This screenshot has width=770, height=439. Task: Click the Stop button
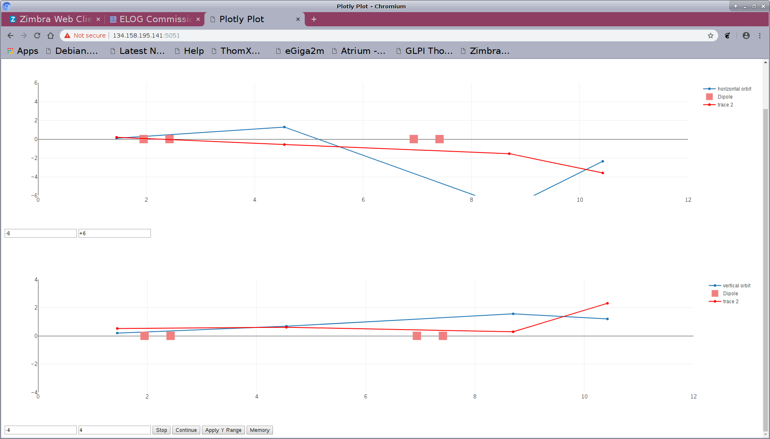pos(161,430)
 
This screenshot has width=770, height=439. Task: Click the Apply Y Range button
pos(223,430)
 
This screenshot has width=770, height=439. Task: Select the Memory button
pos(260,430)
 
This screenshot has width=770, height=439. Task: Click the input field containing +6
pos(114,233)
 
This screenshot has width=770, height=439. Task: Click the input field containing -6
pos(41,233)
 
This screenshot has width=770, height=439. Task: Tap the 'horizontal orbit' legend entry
pos(734,89)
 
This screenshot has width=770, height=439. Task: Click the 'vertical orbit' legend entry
pos(736,286)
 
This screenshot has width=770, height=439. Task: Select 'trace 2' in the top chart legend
pos(725,105)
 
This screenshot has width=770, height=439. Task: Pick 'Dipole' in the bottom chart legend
pos(730,294)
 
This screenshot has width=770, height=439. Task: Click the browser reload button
pos(37,36)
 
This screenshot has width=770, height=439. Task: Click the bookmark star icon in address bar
pos(710,36)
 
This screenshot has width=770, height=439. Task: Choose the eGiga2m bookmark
pos(304,51)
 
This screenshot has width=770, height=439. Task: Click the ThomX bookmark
pos(240,51)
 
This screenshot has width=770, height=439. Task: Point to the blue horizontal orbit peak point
pos(284,127)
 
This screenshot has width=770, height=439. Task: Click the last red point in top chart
pos(602,173)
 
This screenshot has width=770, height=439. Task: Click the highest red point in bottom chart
pos(607,303)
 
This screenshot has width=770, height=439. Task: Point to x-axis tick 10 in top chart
pos(580,200)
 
